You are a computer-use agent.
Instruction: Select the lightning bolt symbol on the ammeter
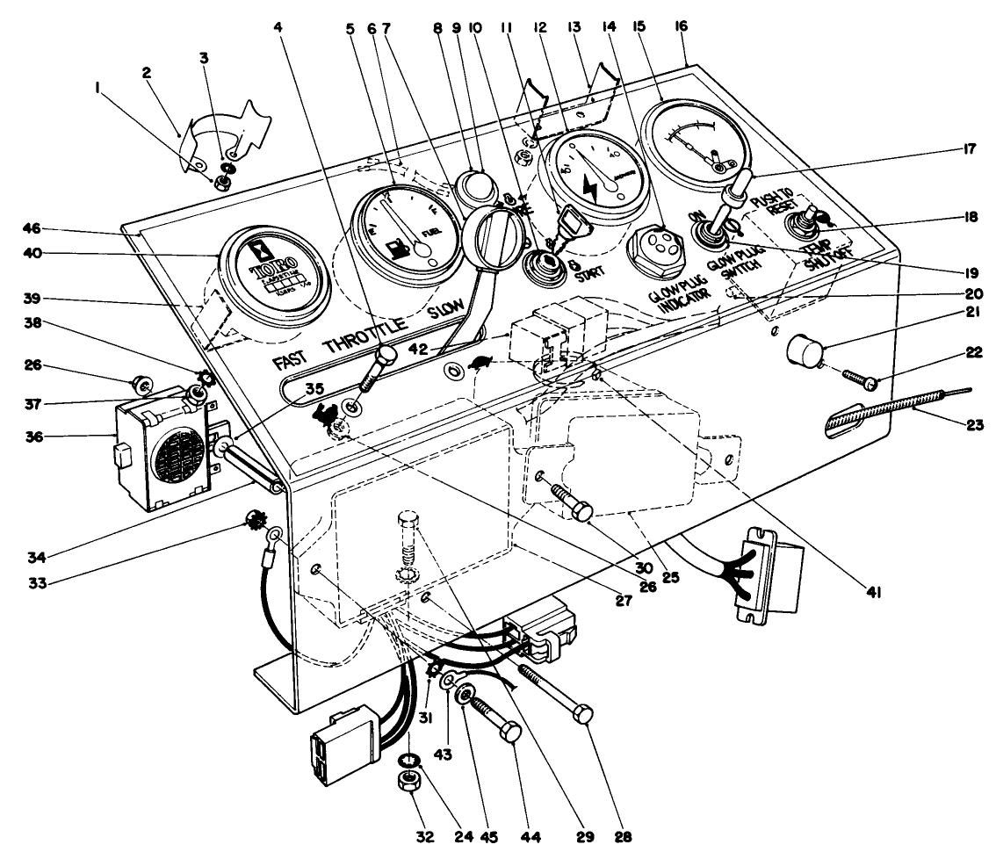click(x=589, y=184)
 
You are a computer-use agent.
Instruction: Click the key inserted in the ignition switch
click(x=560, y=224)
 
